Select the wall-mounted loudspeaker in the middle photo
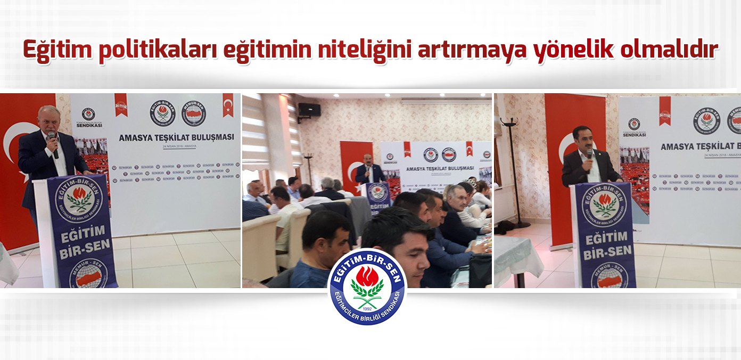pos(309,110)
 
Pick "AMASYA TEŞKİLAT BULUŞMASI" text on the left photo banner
pos(176,137)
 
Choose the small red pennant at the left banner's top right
pos(228,105)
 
